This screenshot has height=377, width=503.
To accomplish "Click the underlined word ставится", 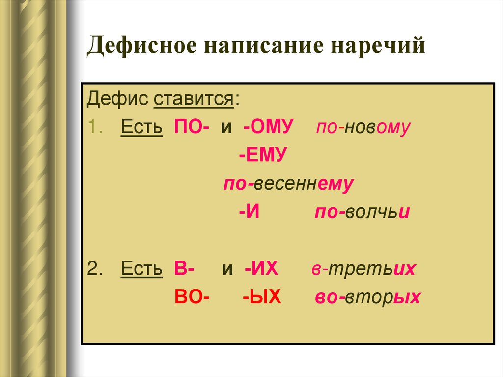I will pyautogui.click(x=194, y=100).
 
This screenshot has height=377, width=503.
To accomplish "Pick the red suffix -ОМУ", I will pyautogui.click(x=268, y=128).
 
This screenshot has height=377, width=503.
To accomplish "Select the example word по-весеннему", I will pyautogui.click(x=288, y=184).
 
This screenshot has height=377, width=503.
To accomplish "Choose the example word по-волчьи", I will pyautogui.click(x=362, y=213).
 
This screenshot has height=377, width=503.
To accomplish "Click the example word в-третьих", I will pyautogui.click(x=363, y=269).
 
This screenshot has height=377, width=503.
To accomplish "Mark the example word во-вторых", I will pyautogui.click(x=367, y=297).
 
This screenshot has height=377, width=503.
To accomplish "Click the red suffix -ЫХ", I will pyautogui.click(x=261, y=297).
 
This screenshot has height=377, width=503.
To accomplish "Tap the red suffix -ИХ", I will pyautogui.click(x=261, y=269).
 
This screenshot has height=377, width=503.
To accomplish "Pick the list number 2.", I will pyautogui.click(x=93, y=269).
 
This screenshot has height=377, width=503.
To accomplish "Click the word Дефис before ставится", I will pyautogui.click(x=117, y=100).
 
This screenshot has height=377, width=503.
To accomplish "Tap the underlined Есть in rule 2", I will pyautogui.click(x=141, y=269).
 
